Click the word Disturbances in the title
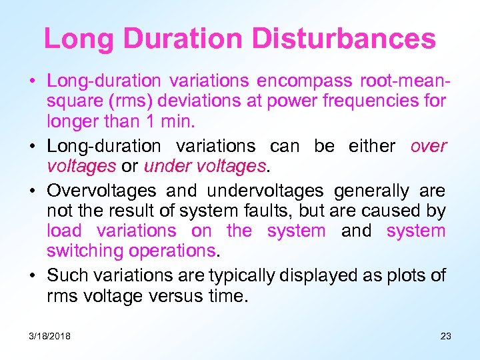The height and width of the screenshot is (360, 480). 349,39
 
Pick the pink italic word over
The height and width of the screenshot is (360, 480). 428,146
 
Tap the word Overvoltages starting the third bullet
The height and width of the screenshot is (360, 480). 101,191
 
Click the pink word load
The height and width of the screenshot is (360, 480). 65,231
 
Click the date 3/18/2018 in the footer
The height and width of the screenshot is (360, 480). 49,336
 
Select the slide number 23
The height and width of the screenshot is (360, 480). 445,336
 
